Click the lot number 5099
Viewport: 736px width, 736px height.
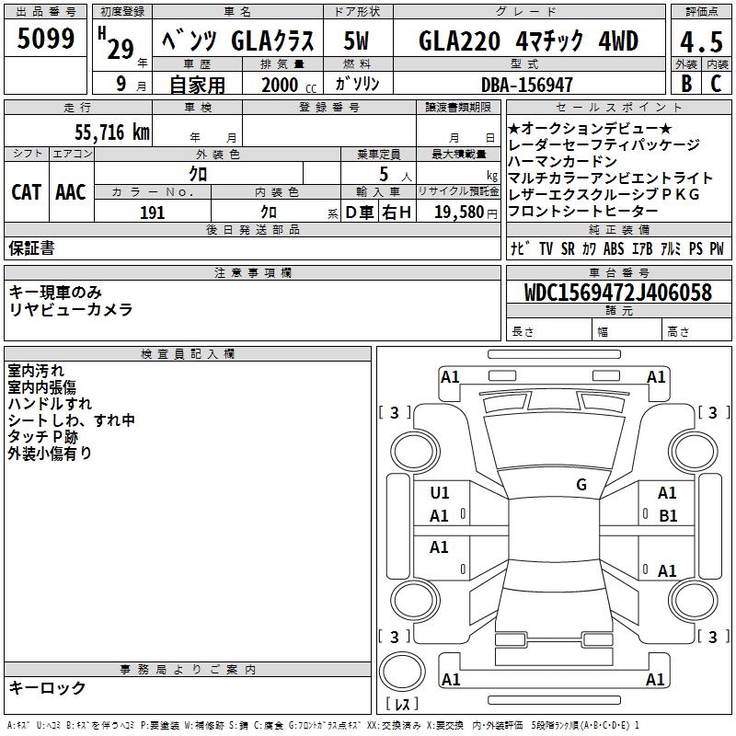45,39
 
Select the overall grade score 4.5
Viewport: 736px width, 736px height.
701,41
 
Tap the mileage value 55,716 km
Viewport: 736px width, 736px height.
112,132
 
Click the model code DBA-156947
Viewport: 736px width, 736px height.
527,85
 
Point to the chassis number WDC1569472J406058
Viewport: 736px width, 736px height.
618,293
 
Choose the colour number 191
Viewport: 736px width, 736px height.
152,213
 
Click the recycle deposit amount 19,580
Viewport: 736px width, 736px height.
459,213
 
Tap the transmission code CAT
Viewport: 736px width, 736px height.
26,192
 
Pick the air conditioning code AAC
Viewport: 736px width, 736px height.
71,192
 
